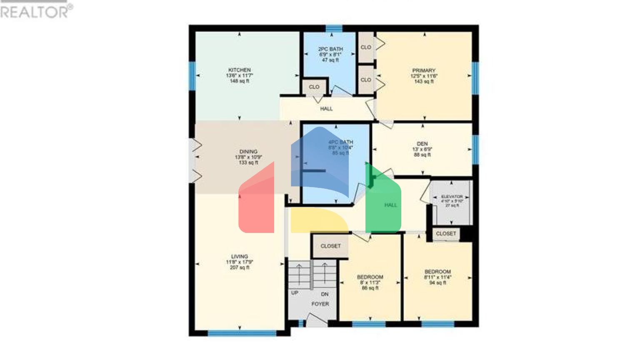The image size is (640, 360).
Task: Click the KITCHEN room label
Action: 240,70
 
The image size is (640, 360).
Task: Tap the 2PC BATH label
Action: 330,49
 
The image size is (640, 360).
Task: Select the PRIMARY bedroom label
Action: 424,71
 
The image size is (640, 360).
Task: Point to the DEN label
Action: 422,144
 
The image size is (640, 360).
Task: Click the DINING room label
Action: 248,152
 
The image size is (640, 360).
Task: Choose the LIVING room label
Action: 240,257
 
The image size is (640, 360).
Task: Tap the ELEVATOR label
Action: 452,197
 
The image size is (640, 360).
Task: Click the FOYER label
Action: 320,304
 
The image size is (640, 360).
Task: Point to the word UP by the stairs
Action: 295,293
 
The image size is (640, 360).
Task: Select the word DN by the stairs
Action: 325,294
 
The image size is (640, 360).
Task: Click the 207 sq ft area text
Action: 240,267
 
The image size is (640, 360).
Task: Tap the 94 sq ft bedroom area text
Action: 437,282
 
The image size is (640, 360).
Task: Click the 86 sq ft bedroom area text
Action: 370,288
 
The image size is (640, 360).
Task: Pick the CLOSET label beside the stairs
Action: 330,246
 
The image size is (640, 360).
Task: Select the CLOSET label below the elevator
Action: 446,234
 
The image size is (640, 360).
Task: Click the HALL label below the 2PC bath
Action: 326,109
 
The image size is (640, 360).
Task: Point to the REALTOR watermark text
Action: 35,11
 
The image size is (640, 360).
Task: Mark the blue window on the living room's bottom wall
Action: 242,333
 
